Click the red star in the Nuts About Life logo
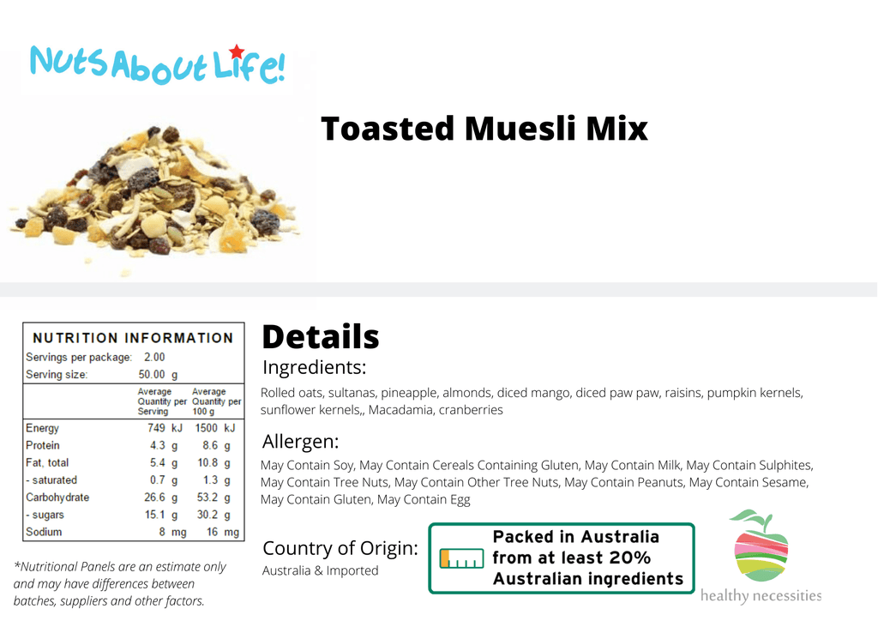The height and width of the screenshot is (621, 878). (237, 51)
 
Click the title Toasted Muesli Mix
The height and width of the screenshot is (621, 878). (484, 129)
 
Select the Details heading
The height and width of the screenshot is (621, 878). (321, 336)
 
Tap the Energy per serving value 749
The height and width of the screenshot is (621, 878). (156, 428)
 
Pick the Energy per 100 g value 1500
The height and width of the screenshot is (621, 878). (206, 428)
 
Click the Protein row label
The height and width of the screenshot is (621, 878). (43, 445)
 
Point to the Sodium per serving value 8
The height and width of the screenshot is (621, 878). (162, 532)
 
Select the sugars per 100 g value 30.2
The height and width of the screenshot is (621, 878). (207, 515)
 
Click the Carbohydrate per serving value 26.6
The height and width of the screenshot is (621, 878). (154, 497)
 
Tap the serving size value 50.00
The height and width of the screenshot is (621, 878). (152, 375)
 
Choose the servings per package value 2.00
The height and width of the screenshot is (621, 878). (154, 358)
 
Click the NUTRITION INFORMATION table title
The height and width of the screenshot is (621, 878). (133, 338)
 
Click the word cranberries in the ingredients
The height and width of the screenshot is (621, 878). (471, 410)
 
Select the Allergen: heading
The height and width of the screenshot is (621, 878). (301, 442)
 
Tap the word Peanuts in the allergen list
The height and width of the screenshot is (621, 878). (663, 482)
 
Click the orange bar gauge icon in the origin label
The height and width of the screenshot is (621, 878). (461, 558)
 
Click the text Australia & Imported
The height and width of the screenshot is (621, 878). (321, 570)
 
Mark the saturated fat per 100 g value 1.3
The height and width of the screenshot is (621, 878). (211, 479)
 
